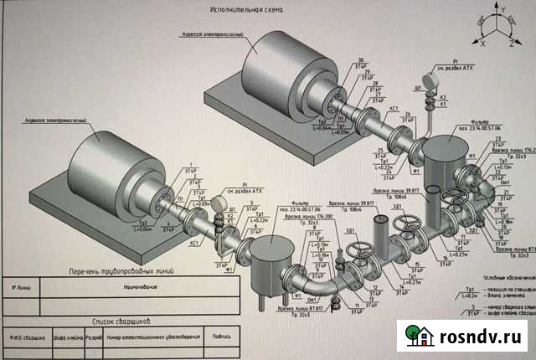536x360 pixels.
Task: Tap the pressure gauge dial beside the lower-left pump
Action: click(218, 203)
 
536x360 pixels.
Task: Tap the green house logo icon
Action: click(417, 335)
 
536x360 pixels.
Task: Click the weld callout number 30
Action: click(361, 61)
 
